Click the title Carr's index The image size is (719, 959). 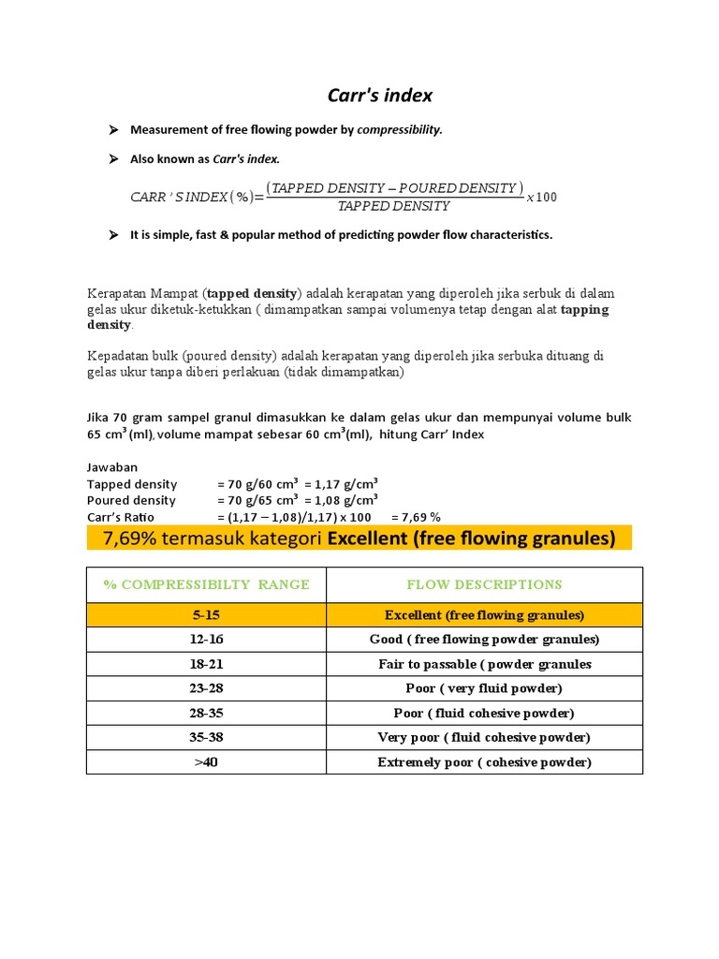379,96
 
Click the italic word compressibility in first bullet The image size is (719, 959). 399,130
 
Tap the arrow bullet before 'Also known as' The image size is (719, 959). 114,159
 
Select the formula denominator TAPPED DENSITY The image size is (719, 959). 393,206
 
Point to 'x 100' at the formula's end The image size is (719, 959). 542,197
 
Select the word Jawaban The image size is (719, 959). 111,467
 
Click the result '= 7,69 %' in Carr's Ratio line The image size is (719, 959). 416,517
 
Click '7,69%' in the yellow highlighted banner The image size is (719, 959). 134,538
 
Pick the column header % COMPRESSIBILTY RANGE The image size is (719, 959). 206,584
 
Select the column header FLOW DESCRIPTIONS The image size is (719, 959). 484,584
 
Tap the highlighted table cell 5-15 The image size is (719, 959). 206,615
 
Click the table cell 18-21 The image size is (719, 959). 206,664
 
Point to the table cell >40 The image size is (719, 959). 206,762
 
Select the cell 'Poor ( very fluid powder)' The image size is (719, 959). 484,688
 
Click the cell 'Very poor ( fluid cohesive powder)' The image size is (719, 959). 484,737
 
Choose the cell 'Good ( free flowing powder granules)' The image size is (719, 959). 484,640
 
